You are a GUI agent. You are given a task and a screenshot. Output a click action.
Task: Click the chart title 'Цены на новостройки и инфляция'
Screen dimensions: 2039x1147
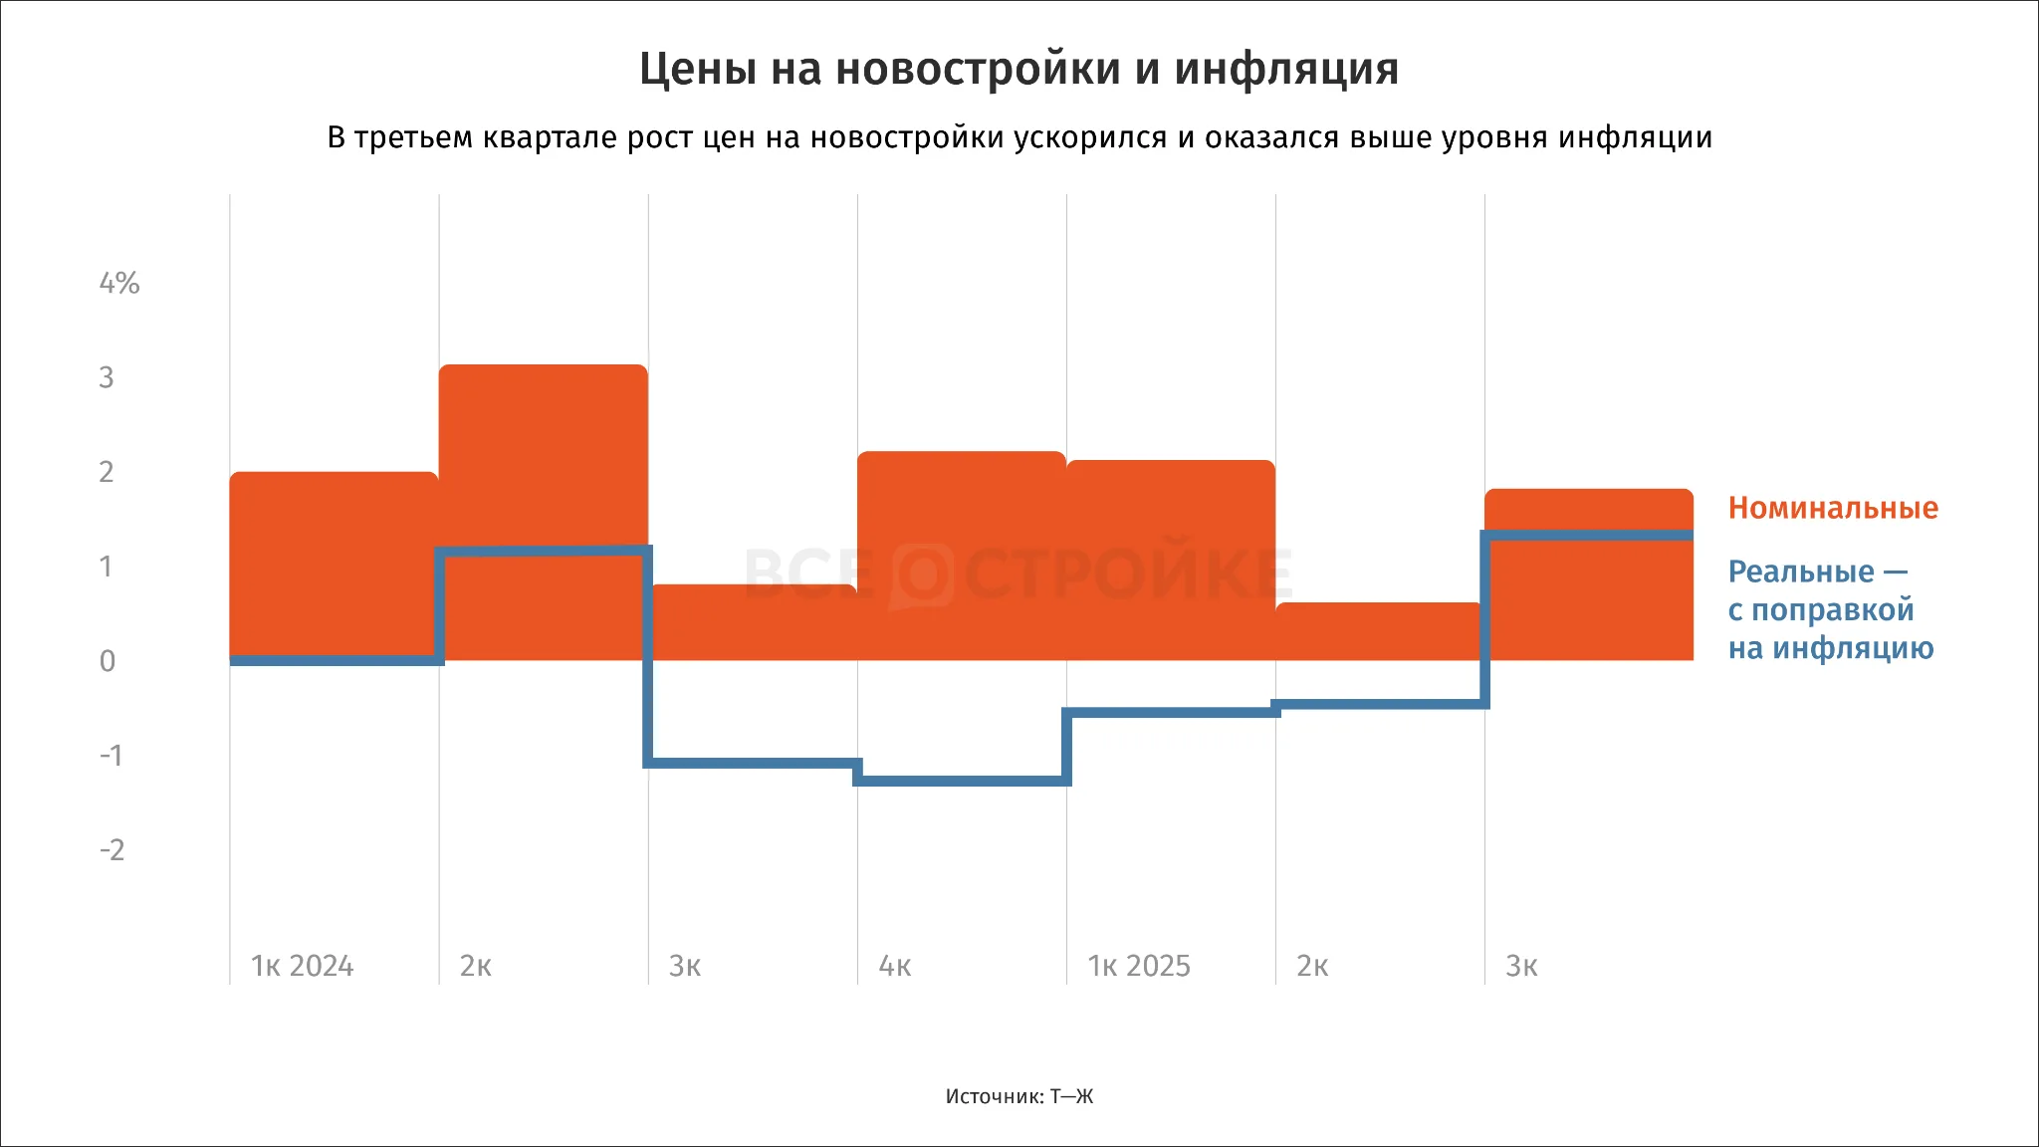click(x=1019, y=70)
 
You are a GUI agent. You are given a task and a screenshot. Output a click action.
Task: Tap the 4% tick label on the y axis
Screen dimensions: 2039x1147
click(x=119, y=283)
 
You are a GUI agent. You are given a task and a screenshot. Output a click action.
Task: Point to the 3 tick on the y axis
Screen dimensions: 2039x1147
click(x=107, y=377)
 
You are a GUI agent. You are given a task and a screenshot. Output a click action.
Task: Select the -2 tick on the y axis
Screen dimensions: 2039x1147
click(x=113, y=849)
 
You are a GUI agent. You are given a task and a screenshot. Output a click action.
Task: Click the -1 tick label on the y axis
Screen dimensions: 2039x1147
click(x=112, y=755)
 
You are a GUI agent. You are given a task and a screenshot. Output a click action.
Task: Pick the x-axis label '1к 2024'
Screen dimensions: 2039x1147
click(x=303, y=966)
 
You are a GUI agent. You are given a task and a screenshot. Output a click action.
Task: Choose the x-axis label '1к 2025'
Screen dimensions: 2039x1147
click(x=1139, y=966)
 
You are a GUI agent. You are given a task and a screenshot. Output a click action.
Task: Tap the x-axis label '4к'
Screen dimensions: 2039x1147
click(x=895, y=966)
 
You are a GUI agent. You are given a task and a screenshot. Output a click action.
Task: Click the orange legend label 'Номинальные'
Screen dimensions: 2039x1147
click(x=1833, y=508)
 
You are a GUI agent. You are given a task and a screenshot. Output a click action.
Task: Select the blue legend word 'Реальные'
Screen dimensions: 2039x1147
click(x=1801, y=572)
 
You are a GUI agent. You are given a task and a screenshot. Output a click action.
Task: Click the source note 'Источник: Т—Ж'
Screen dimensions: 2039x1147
click(x=1019, y=1096)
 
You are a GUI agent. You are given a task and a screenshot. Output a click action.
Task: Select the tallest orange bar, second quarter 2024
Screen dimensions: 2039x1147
click(x=544, y=513)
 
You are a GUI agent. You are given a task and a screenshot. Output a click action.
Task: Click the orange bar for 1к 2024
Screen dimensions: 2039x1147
click(x=335, y=566)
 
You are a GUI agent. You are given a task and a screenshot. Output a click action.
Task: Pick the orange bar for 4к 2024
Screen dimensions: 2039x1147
click(x=962, y=556)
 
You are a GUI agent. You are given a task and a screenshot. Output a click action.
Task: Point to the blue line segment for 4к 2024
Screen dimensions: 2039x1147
click(x=962, y=781)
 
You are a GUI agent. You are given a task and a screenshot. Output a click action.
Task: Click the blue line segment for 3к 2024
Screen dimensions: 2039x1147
click(x=753, y=763)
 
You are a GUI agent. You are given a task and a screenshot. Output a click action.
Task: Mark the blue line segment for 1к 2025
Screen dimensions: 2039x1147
click(x=1171, y=713)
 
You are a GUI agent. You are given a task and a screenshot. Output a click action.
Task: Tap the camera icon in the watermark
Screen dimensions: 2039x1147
click(x=922, y=575)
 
